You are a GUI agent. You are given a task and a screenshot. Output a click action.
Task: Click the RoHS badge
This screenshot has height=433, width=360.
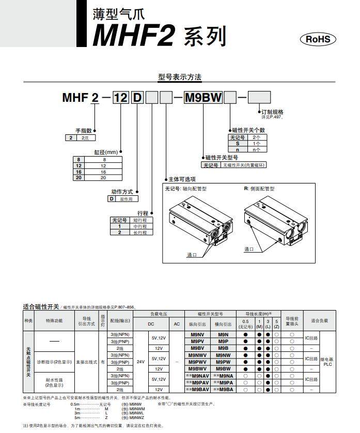[318, 39]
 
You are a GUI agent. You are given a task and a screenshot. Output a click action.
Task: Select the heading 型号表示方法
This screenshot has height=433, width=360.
[179, 78]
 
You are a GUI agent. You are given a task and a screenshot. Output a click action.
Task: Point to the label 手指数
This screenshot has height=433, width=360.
[84, 131]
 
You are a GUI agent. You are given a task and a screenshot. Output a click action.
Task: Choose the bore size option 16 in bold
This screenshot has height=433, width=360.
[79, 171]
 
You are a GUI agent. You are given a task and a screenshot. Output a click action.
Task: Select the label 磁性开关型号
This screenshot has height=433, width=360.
[221, 158]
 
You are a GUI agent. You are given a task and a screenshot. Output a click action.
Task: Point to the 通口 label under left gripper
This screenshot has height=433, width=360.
[192, 255]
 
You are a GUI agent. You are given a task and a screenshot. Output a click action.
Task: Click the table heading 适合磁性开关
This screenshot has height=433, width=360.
[41, 307]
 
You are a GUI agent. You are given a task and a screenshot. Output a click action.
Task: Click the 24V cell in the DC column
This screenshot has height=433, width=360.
[140, 362]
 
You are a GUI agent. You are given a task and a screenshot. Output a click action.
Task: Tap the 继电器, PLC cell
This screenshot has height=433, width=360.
[327, 362]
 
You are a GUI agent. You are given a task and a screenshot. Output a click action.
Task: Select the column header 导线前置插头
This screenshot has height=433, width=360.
[292, 321]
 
